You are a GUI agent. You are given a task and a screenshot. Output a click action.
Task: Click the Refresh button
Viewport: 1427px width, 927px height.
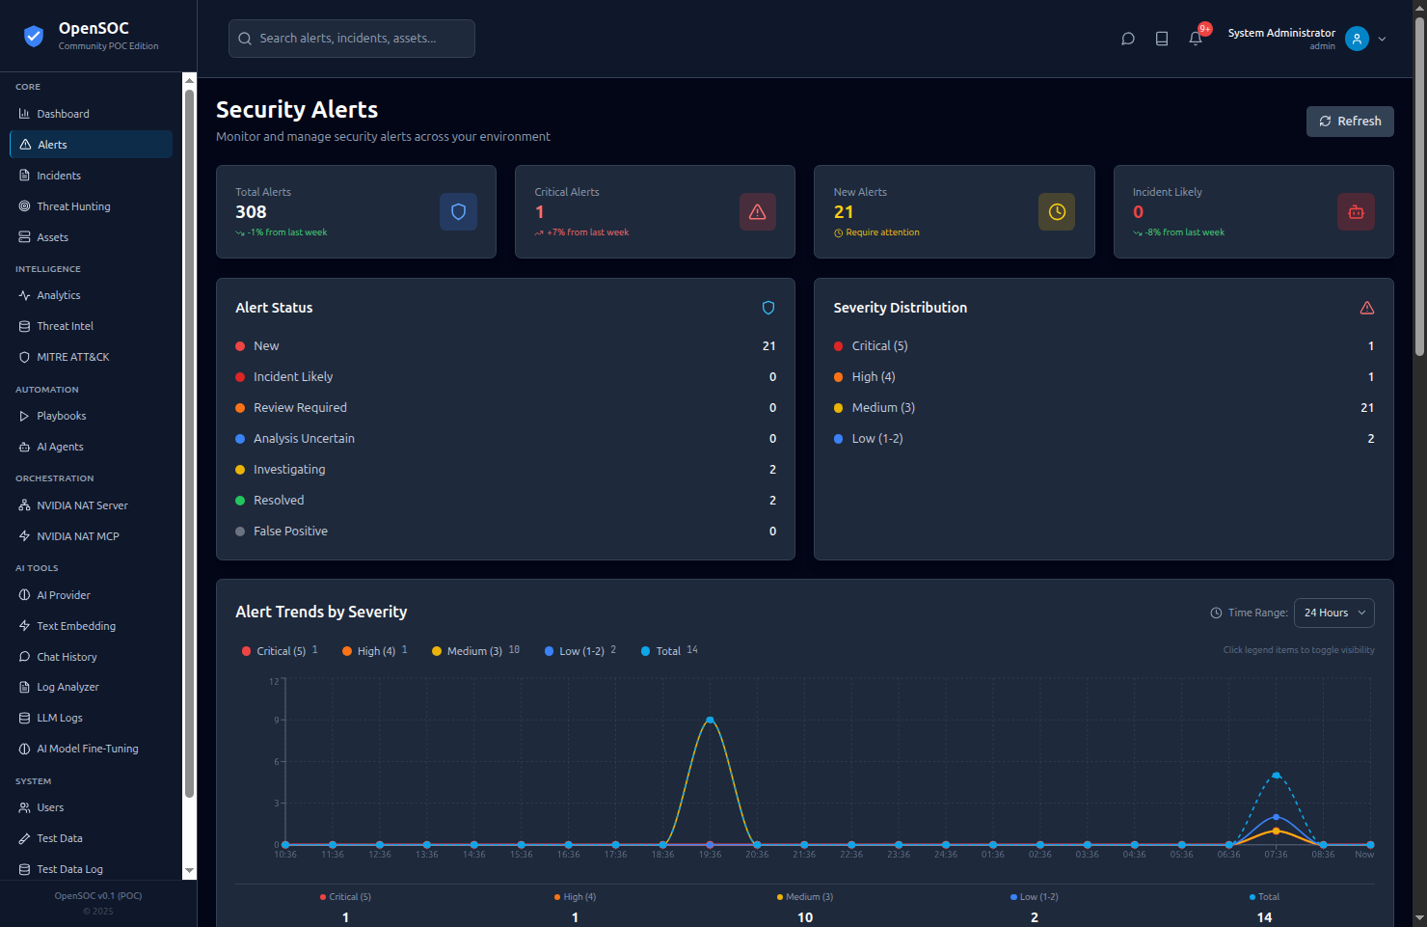(1350, 122)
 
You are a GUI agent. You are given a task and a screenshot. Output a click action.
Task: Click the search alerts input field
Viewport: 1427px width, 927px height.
(352, 39)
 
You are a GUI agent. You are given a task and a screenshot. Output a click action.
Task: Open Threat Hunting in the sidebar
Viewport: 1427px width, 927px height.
(73, 206)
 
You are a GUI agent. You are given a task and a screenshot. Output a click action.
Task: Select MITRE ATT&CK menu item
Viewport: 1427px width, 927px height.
(72, 357)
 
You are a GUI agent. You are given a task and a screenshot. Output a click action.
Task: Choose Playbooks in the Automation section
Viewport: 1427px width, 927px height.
(61, 416)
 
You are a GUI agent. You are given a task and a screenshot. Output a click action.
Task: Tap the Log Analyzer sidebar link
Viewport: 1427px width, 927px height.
(67, 687)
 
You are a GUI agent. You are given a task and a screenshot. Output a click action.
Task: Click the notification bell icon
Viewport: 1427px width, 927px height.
(1196, 39)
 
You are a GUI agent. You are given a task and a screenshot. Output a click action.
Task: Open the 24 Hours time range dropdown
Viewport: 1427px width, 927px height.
(1334, 613)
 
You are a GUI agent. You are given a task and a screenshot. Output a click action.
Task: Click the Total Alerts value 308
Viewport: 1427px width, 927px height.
(251, 212)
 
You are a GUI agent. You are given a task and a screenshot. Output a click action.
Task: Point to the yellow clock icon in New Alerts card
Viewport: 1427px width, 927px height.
(1057, 212)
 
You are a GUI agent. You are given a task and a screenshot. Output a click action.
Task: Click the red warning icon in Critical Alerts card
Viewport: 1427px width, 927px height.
(758, 212)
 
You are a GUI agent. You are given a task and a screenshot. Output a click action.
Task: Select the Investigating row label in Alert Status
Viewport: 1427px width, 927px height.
(289, 470)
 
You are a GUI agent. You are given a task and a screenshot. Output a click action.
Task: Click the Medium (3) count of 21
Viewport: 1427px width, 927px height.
(1366, 408)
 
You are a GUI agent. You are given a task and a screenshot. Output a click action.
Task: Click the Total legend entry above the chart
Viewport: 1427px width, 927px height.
(668, 651)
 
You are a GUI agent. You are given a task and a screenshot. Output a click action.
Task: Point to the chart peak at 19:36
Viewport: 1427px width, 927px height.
(711, 720)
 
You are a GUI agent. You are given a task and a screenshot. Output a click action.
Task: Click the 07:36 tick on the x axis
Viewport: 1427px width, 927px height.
(1276, 855)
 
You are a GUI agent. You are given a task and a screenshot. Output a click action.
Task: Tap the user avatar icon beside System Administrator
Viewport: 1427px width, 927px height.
(1357, 39)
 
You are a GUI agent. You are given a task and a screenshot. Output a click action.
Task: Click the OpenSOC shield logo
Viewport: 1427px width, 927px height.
(34, 37)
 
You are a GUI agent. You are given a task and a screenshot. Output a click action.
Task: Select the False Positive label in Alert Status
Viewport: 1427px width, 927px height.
(290, 532)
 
